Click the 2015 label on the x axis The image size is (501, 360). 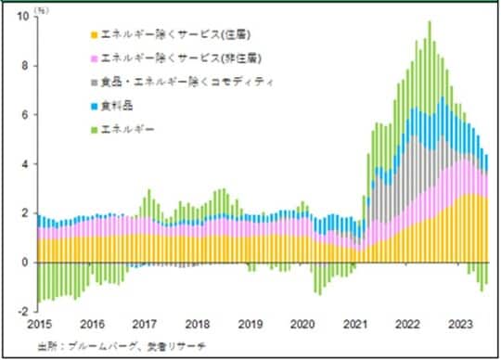pos(39,324)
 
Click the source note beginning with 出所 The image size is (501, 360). pos(109,345)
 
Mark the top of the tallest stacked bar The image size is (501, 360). pos(429,21)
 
